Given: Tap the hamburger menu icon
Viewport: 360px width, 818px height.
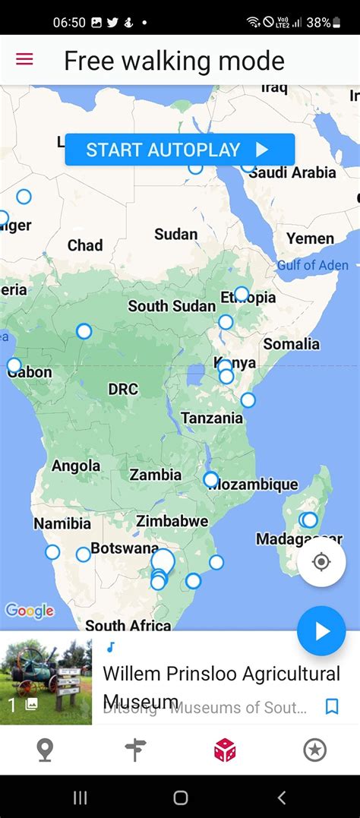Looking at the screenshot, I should (x=24, y=59).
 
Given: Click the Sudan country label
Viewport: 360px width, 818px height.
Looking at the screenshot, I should (x=175, y=234).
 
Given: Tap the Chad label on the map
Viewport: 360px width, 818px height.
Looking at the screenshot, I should (x=85, y=245).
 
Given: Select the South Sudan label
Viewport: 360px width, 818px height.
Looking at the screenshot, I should (x=172, y=306).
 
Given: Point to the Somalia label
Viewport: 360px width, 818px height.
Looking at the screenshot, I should (x=292, y=343).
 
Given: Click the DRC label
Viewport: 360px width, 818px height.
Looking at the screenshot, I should (x=123, y=389).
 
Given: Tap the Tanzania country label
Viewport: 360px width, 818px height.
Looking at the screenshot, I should (x=212, y=418).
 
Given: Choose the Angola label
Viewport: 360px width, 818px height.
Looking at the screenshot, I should (x=76, y=466).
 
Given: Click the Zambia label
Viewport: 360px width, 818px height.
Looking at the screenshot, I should (x=156, y=475).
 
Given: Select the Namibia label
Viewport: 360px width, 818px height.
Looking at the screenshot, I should (x=62, y=523).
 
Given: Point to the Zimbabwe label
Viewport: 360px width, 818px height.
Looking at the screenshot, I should (x=172, y=521).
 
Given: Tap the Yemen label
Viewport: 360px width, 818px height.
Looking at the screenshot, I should (x=310, y=238).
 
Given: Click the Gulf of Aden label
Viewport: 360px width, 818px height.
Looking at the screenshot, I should (x=312, y=265).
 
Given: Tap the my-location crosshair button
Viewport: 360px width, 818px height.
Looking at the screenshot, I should (x=321, y=562).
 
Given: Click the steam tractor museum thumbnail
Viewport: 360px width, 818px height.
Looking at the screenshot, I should (x=46, y=677).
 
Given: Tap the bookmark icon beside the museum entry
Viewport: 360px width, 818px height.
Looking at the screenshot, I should (x=332, y=707).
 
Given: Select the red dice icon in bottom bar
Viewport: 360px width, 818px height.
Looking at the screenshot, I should (x=225, y=750).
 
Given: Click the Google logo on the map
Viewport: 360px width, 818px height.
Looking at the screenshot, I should (x=30, y=611).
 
